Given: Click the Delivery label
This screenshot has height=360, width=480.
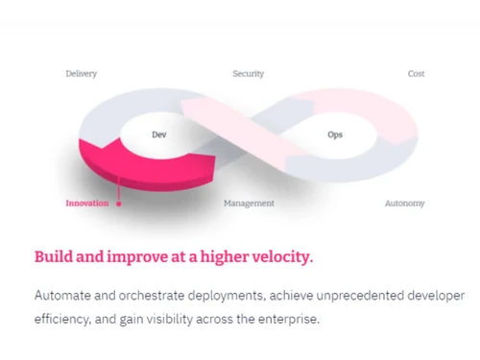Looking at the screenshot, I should [81, 74].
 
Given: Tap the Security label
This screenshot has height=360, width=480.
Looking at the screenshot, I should [248, 74].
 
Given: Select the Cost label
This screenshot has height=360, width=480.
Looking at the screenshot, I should [416, 74].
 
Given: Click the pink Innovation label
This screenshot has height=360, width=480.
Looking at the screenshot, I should [86, 204].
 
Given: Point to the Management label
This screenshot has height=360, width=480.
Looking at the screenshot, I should [249, 204].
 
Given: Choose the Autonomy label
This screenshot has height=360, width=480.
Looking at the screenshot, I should [404, 204].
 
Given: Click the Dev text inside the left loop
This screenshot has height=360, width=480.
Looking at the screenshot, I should [159, 135].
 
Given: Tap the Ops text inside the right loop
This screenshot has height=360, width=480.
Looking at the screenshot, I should [334, 135].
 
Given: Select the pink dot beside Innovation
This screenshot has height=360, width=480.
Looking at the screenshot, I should [118, 204].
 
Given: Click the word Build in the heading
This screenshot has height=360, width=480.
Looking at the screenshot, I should [53, 257].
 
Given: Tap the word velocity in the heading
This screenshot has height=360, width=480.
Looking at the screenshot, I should [279, 257].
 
